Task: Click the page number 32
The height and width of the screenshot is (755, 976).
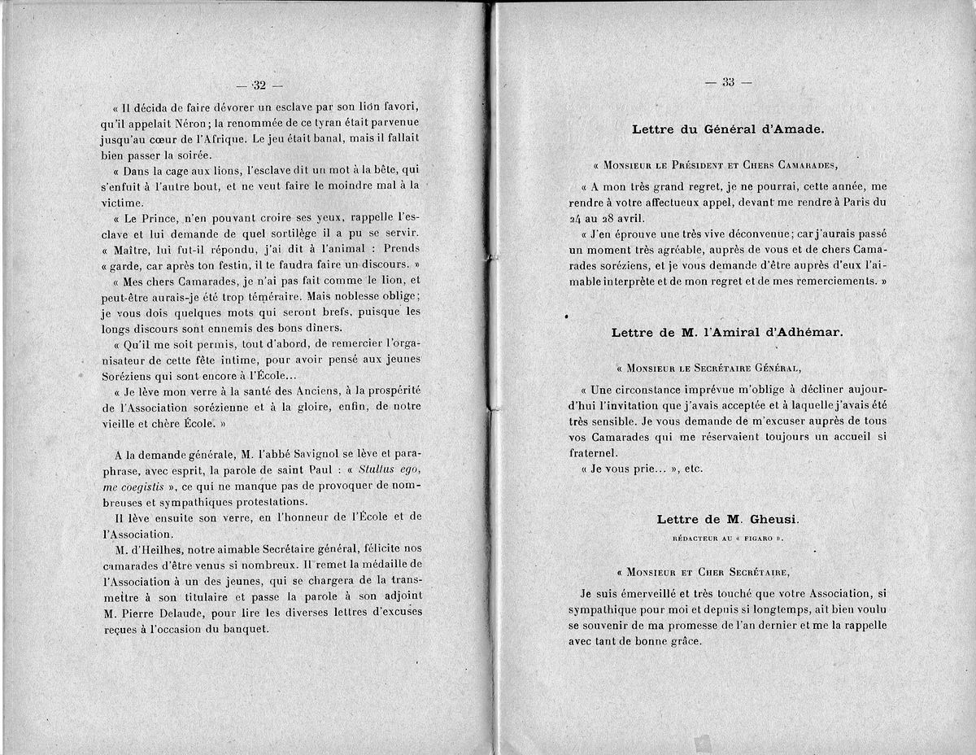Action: click(259, 85)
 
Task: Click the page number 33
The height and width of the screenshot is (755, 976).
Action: click(727, 81)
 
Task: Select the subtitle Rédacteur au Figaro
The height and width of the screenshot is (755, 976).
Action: click(727, 539)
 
